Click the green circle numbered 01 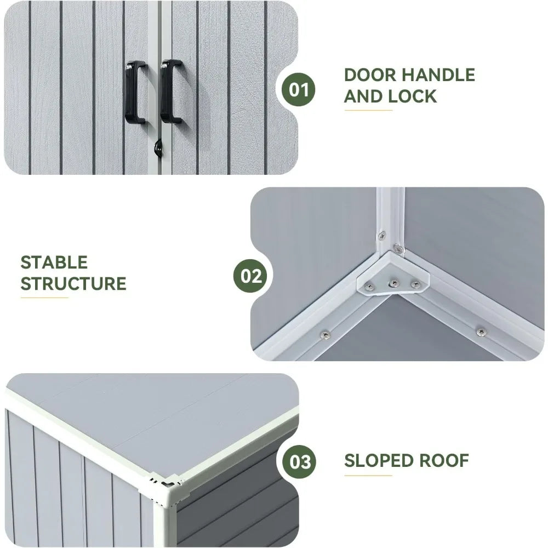299,89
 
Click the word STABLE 54,262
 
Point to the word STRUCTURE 73,284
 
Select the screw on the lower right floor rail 481,331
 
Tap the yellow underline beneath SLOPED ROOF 368,476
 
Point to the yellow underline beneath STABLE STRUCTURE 44,298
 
